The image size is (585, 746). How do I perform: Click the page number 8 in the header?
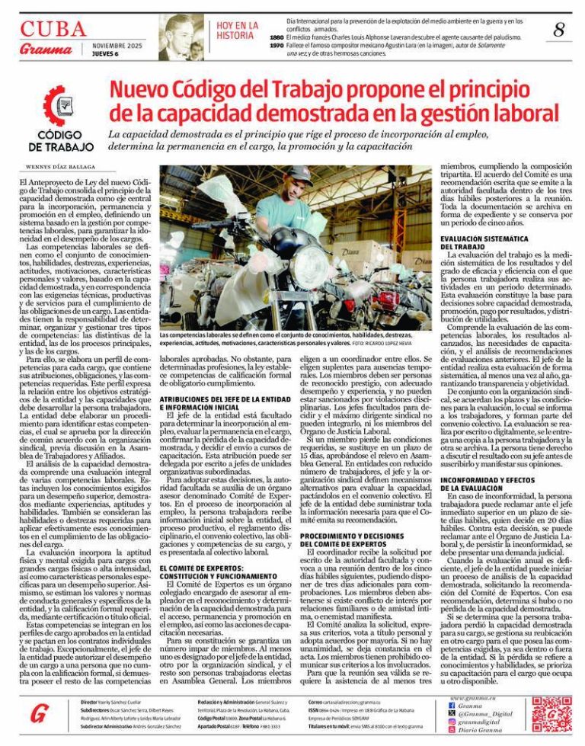click(560, 30)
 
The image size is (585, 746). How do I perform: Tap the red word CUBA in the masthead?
click(53, 29)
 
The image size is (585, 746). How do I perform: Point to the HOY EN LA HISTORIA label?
click(236, 30)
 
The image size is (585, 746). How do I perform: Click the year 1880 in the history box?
click(277, 37)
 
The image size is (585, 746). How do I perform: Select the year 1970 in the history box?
click(277, 46)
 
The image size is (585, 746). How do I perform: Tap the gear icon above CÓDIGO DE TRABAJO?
click(60, 107)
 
